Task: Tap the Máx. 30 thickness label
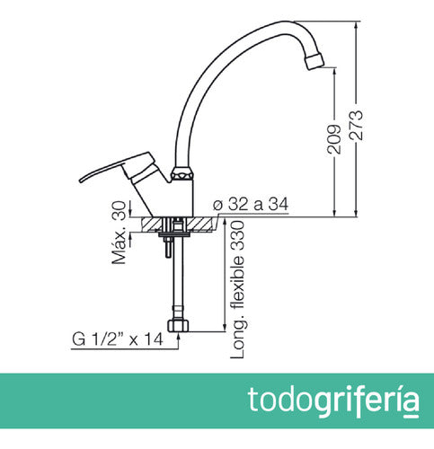click(118, 233)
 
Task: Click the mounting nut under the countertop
click(175, 238)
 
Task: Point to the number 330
click(238, 235)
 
